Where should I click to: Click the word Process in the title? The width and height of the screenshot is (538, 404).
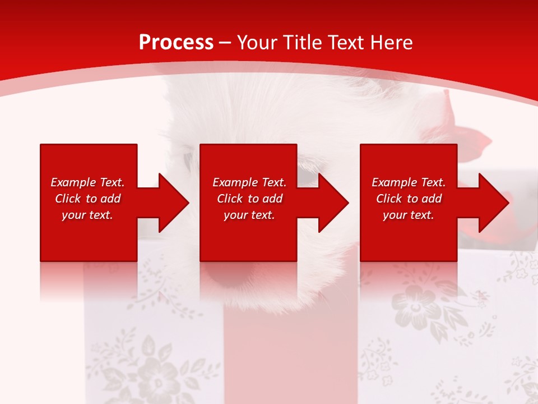click(x=176, y=43)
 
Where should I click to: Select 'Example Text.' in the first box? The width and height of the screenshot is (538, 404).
click(x=87, y=182)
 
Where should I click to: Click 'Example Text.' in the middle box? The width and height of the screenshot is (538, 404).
click(x=249, y=182)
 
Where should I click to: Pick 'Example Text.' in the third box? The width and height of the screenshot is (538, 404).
click(x=409, y=182)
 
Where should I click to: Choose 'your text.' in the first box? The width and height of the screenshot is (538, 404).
click(x=87, y=215)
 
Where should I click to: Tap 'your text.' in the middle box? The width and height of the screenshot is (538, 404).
click(x=249, y=215)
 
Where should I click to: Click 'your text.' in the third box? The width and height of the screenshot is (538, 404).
click(x=409, y=215)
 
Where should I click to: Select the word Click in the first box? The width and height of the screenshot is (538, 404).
click(x=68, y=199)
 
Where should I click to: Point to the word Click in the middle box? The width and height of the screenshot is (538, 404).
click(x=230, y=199)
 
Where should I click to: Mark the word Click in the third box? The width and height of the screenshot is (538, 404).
click(x=389, y=199)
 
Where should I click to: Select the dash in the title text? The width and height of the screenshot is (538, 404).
click(x=225, y=43)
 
